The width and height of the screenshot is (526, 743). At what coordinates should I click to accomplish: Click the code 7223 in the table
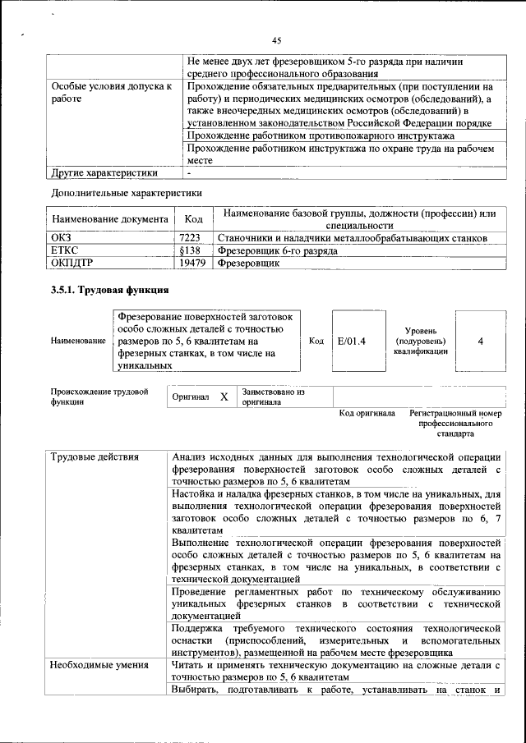click(x=190, y=238)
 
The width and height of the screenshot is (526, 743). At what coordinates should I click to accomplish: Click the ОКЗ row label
click(x=62, y=238)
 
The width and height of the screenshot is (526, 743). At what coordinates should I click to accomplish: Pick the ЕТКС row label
click(x=66, y=250)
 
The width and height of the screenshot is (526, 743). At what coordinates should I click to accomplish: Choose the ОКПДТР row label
click(x=74, y=263)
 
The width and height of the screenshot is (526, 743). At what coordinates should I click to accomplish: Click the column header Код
click(x=193, y=220)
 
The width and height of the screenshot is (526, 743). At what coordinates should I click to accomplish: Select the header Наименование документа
click(x=109, y=220)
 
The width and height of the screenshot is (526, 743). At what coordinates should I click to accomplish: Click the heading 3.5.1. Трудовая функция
click(x=110, y=290)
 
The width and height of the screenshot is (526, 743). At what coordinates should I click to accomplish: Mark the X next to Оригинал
click(x=224, y=397)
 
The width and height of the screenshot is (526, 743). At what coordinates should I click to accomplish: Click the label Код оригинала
click(x=367, y=413)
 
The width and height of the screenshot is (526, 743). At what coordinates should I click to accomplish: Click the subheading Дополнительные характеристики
click(x=126, y=193)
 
